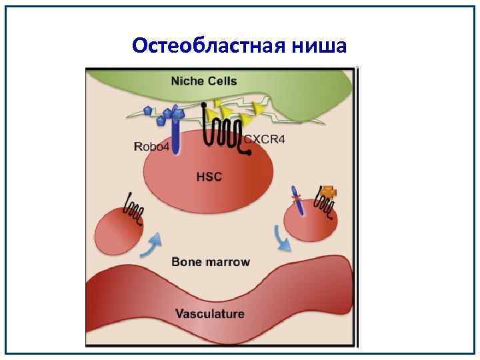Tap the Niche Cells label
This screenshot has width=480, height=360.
[204, 82]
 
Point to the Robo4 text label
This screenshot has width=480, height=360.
[151, 147]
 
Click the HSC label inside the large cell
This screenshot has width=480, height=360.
[209, 177]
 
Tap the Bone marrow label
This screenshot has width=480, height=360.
[211, 261]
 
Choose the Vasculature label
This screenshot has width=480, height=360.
[209, 313]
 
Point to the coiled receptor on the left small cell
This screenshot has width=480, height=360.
[133, 209]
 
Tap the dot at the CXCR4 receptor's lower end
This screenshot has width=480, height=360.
[249, 153]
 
